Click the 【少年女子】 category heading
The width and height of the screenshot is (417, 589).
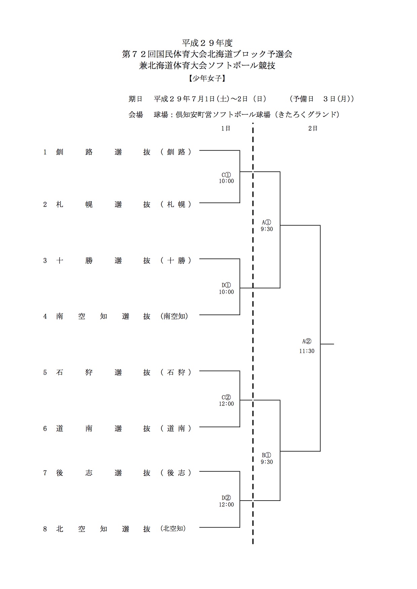coord(207,78)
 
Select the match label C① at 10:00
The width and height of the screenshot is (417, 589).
coord(226,178)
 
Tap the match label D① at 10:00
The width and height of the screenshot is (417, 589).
coord(226,289)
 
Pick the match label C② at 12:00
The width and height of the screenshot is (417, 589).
coord(226,401)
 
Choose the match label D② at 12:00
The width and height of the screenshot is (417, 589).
coord(226,501)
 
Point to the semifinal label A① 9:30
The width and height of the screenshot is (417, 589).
coord(267,226)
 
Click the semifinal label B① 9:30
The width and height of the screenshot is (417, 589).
coord(267,459)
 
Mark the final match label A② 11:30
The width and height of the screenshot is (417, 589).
coord(307,346)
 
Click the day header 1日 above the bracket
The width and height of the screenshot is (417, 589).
coord(226,128)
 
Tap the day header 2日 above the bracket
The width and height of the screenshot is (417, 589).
coord(313,128)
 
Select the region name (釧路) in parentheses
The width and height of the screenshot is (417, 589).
coord(176,152)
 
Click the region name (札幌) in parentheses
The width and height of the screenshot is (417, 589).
coord(176,204)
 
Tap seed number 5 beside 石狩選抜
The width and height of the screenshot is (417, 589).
coord(45,372)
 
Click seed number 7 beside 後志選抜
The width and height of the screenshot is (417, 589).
coord(45,473)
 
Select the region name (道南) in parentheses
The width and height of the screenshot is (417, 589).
coord(176,428)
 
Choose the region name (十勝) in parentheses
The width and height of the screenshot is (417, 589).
coord(176,260)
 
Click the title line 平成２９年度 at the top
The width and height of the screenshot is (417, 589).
coord(207,43)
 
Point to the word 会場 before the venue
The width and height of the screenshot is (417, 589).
coord(136,115)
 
